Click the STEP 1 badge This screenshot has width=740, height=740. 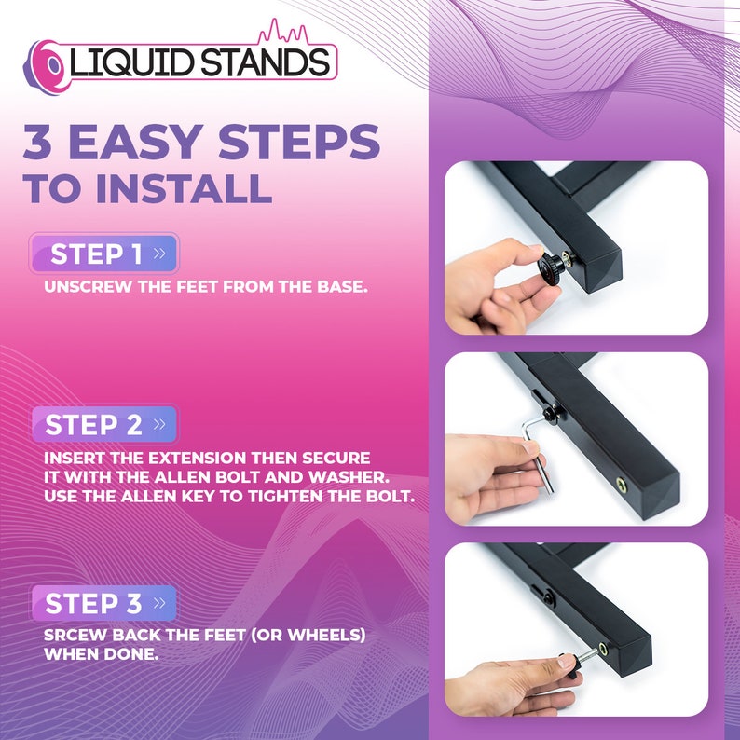(x=103, y=254)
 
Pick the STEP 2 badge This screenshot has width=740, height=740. (x=103, y=425)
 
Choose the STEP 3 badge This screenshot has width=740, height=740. (x=103, y=603)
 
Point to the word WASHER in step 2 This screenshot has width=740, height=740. (x=367, y=477)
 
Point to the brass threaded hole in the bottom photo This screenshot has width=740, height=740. (x=605, y=647)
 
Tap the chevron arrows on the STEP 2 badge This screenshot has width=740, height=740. (x=159, y=425)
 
